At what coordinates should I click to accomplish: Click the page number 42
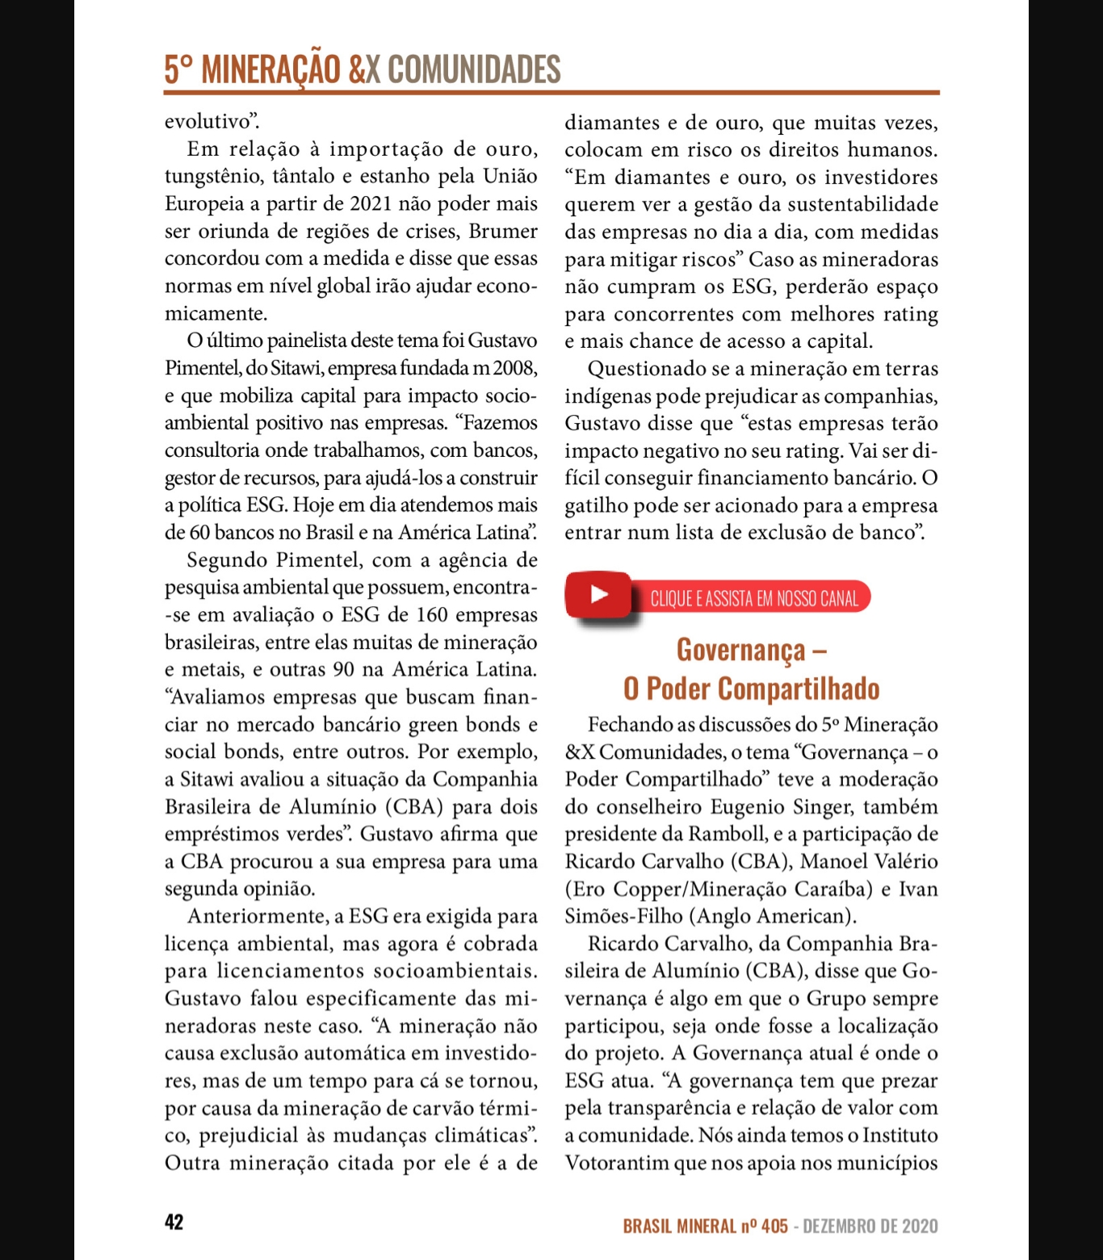tap(174, 1222)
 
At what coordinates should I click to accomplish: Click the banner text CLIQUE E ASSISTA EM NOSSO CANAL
tap(754, 599)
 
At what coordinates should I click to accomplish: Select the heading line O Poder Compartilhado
tap(751, 689)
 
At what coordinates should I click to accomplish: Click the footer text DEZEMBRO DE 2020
tap(870, 1226)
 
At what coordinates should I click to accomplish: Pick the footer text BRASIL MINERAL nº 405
tap(705, 1226)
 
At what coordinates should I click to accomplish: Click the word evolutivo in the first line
tap(208, 122)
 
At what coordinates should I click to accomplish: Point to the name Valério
tap(904, 861)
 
